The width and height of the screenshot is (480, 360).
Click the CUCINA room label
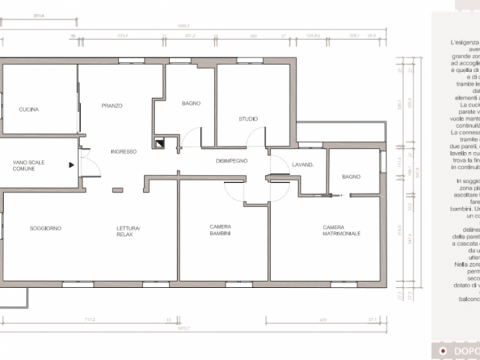tap(29, 110)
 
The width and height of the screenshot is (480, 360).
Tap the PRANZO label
tap(112, 106)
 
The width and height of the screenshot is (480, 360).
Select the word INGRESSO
tap(123, 152)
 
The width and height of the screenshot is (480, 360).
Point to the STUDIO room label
tap(248, 119)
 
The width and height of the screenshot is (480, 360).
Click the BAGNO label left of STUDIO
tap(191, 104)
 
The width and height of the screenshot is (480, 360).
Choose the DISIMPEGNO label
tap(231, 161)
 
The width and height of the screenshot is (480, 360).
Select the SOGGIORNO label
tap(45, 228)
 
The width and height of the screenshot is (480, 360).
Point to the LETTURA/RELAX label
tap(128, 231)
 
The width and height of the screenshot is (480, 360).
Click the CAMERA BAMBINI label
tap(220, 230)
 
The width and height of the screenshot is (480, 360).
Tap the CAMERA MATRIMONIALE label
tap(341, 230)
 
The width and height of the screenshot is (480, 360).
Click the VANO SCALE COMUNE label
tap(28, 165)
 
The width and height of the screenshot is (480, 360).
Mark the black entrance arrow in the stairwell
tap(71, 165)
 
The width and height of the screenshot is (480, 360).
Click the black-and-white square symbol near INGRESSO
tap(160, 144)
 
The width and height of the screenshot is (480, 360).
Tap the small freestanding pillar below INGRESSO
tap(118, 190)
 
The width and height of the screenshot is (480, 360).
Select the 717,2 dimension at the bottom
tap(89, 319)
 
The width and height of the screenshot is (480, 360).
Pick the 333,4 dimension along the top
tap(123, 35)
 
